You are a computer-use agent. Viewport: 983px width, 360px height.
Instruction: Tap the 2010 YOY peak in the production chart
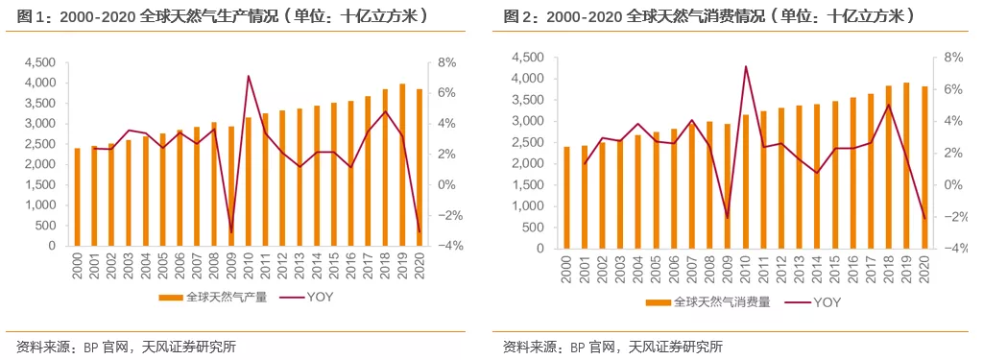(249, 76)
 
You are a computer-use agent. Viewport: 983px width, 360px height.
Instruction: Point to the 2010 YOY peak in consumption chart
(746, 67)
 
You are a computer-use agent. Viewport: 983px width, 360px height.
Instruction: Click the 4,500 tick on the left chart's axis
(38, 62)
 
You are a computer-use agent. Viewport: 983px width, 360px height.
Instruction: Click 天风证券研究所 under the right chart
(677, 347)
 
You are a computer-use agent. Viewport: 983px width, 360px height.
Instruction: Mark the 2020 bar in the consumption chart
(924, 167)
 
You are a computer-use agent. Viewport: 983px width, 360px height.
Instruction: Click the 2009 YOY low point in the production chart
(231, 232)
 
